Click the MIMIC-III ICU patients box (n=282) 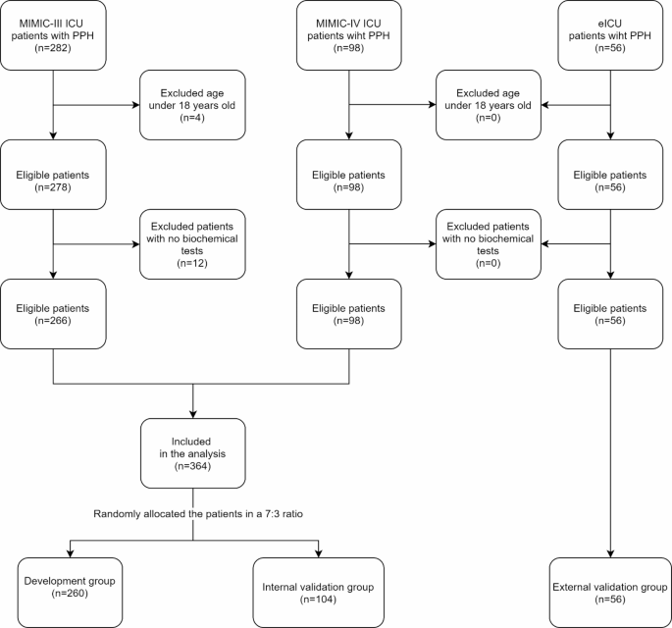coord(53,35)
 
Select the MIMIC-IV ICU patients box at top coord(349,35)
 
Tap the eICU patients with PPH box coord(611,35)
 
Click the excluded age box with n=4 coord(192,105)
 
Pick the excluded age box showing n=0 coord(488,105)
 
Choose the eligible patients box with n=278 coord(53,175)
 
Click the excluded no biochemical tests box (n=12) coord(192,244)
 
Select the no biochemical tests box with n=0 coord(488,244)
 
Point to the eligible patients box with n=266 coord(53,314)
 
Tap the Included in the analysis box coord(192,453)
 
